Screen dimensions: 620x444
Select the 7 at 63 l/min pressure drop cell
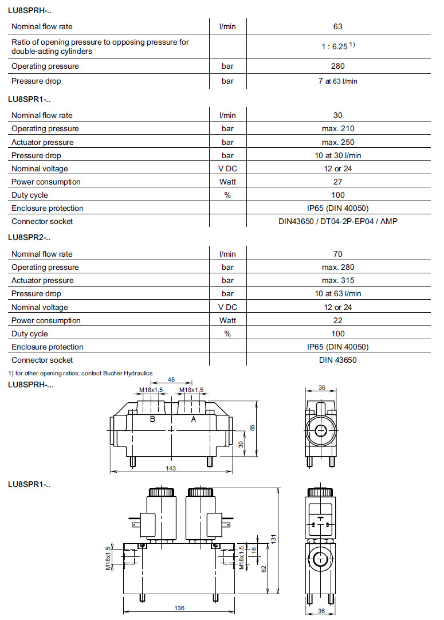pos(338,81)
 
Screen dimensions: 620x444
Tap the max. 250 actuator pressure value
pos(338,142)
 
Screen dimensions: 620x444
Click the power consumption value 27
pos(338,182)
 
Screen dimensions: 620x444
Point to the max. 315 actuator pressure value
pos(338,280)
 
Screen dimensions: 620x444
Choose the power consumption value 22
pos(338,320)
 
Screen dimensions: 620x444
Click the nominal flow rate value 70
pos(338,254)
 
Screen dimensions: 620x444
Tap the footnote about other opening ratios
pos(80,373)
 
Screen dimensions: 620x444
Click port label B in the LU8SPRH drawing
pos(152,419)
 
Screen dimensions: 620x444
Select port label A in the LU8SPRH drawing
pos(193,419)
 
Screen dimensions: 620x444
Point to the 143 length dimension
pos(171,468)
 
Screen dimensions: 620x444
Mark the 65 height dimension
pos(252,427)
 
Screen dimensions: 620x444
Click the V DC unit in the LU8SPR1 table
pos(227,168)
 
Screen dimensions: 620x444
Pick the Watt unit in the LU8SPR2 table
pos(227,320)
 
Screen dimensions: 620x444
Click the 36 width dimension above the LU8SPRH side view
pos(322,388)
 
